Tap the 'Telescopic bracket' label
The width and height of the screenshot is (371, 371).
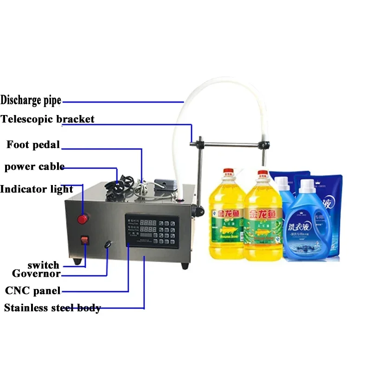click(47, 119)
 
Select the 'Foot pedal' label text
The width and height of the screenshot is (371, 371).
click(33, 145)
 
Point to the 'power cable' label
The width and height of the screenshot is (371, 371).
click(34, 166)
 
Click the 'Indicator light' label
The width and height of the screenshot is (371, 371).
click(37, 189)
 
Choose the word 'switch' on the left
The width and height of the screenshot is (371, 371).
click(43, 265)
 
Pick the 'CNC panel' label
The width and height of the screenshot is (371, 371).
click(32, 291)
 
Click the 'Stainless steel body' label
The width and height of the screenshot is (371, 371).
click(52, 308)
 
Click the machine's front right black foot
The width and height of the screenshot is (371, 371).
click(185, 266)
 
